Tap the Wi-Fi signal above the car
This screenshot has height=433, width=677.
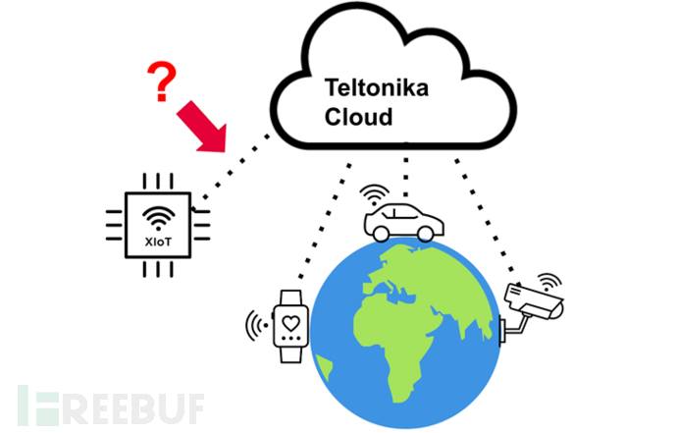coord(374,189)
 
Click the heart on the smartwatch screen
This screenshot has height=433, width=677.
coord(289,318)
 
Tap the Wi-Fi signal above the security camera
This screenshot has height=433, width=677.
coord(546,278)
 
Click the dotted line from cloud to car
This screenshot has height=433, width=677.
coord(401,172)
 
